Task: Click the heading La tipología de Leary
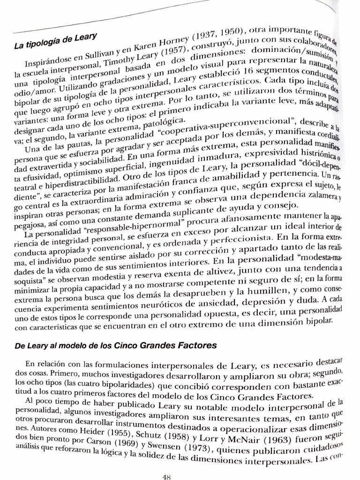(55, 42)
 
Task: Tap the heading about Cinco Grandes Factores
(116, 346)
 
